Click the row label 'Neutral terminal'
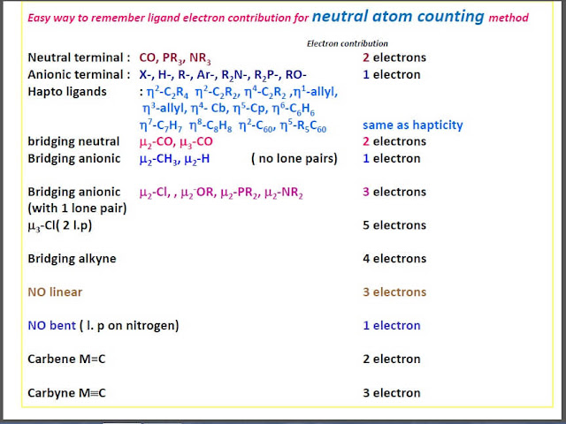[79, 58]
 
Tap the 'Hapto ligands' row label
[67, 91]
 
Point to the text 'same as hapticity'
[413, 125]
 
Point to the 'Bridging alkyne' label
[72, 259]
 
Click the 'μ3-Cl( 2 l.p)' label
[67, 225]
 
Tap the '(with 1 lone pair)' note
[77, 208]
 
